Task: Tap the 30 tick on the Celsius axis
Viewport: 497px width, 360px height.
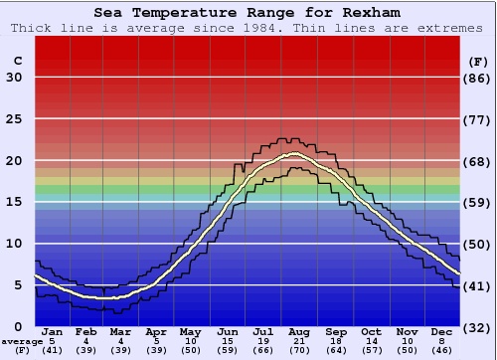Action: [x=14, y=78]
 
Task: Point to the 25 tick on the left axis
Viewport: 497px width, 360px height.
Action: [x=14, y=119]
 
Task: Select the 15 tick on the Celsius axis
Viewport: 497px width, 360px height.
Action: [x=14, y=202]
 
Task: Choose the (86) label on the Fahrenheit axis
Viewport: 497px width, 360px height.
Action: [x=478, y=78]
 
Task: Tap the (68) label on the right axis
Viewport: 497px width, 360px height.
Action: [x=478, y=161]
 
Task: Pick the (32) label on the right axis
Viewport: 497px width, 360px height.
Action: [x=478, y=327]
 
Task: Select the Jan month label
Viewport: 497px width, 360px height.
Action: [x=54, y=331]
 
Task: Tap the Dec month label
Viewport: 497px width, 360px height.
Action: [x=441, y=331]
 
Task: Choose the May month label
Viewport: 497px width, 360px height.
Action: [x=190, y=331]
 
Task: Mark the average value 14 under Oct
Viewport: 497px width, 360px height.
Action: [x=371, y=341]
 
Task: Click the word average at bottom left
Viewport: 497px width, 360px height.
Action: [x=22, y=341]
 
